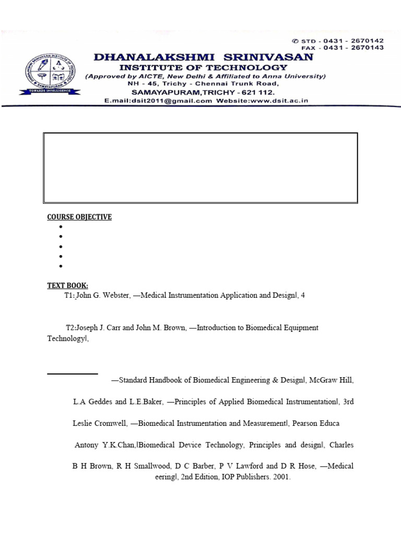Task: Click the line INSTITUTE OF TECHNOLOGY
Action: [x=203, y=67]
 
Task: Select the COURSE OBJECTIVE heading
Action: [x=79, y=217]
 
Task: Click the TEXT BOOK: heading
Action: [x=68, y=285]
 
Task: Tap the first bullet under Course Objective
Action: [x=61, y=227]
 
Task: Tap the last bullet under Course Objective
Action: [x=61, y=266]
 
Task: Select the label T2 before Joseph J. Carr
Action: [x=70, y=328]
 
